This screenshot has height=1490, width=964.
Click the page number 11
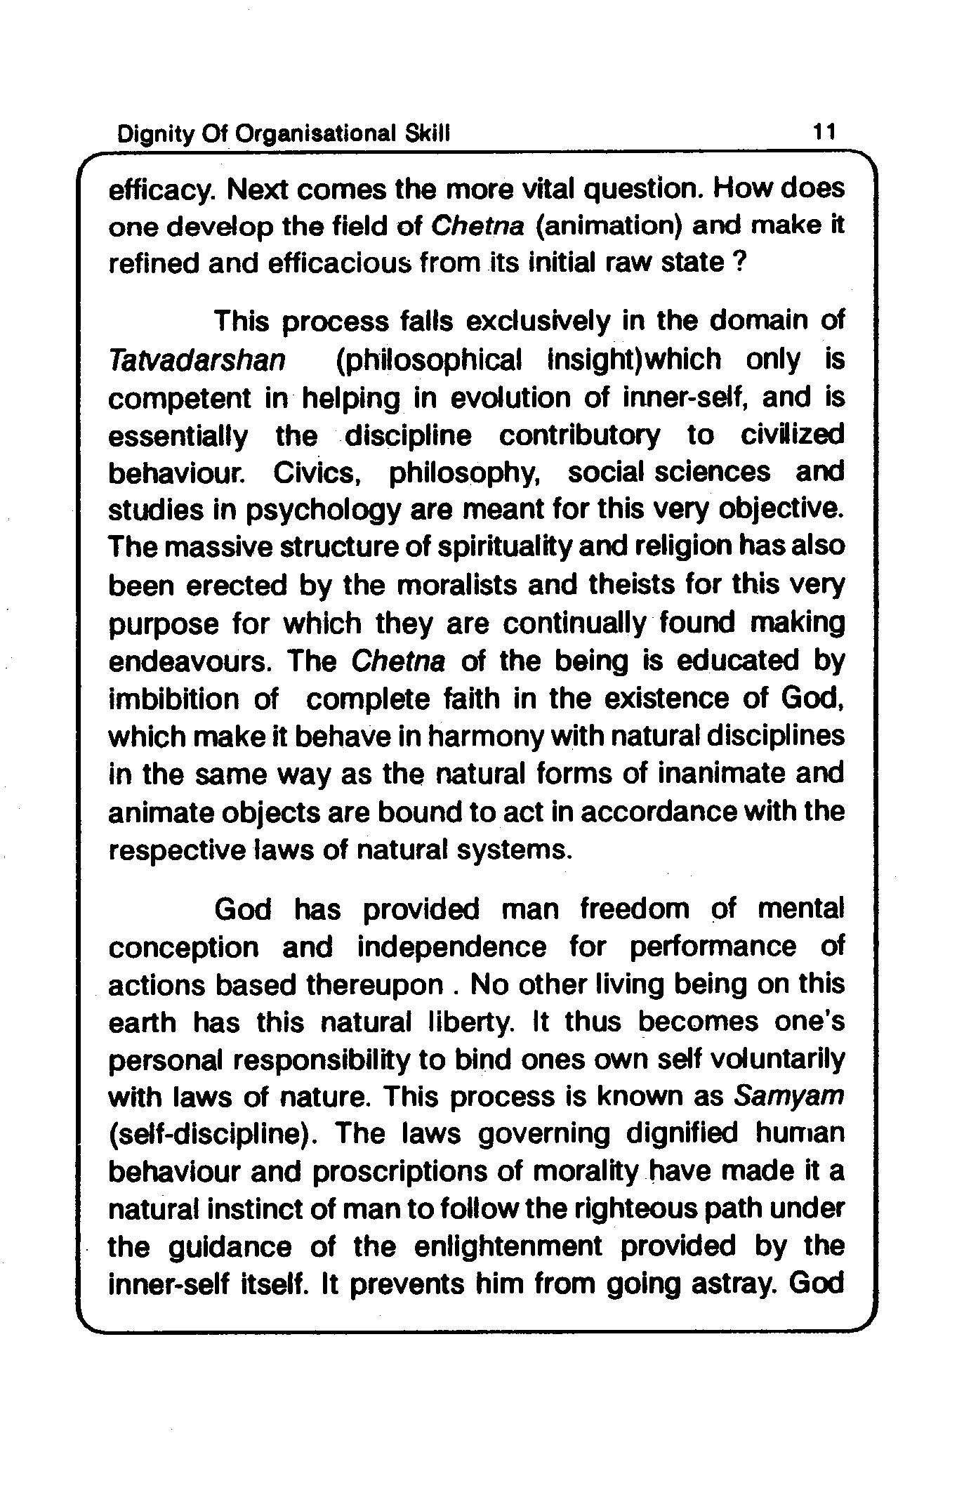[x=823, y=131]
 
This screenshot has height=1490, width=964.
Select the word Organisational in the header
[x=317, y=133]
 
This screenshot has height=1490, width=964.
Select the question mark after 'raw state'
[x=737, y=263]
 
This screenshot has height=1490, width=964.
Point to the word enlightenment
[x=508, y=1247]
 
